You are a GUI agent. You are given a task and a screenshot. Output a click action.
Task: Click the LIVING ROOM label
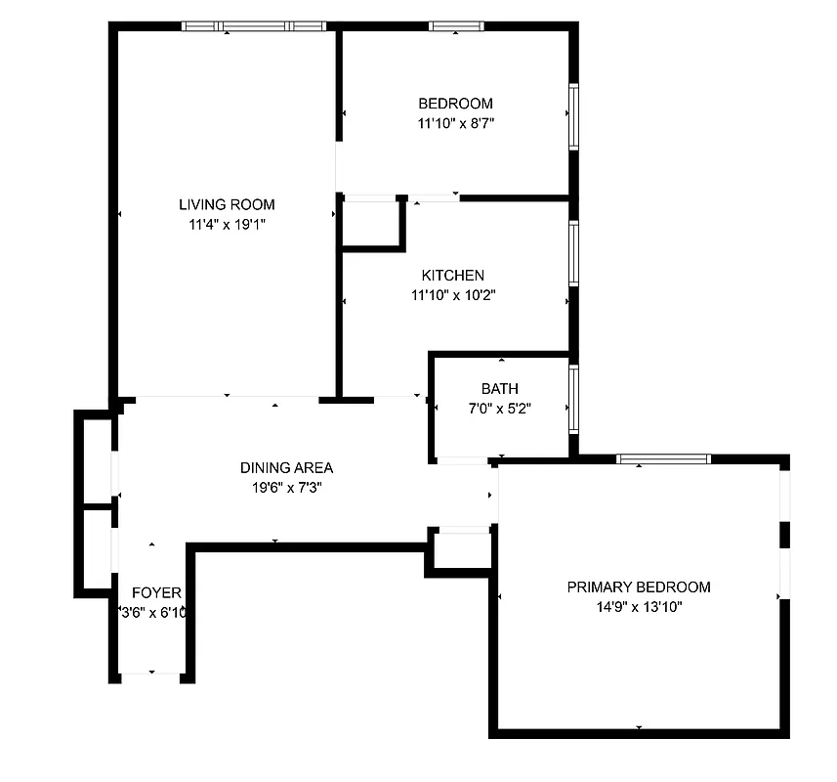227,204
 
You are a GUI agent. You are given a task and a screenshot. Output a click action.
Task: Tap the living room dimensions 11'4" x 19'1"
227,224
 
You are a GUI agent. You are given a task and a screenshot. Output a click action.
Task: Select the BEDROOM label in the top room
455,104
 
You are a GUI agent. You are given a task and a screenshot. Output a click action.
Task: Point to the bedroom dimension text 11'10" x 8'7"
455,123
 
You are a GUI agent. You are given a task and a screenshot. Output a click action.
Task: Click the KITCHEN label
452,276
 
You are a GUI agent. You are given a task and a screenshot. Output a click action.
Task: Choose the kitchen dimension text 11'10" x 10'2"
454,294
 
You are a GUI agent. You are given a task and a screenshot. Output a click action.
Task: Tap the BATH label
499,389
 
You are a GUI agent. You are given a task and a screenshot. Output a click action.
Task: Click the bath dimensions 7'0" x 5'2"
499,409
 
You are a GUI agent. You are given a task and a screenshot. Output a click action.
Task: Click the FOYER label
156,592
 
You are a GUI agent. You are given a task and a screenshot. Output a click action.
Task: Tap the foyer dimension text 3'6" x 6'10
152,613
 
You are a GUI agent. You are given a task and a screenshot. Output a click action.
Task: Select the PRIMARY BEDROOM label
639,587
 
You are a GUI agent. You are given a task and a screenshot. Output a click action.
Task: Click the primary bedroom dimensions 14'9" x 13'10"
639,607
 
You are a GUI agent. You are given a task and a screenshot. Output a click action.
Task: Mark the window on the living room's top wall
254,26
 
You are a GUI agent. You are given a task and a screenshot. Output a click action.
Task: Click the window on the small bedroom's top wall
456,26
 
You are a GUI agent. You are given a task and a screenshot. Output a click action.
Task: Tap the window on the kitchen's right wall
573,253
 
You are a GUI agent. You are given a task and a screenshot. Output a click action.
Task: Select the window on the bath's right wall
573,399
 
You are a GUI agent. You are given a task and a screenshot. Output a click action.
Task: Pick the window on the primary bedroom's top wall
663,458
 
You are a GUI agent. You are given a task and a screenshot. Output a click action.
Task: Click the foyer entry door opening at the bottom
151,675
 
